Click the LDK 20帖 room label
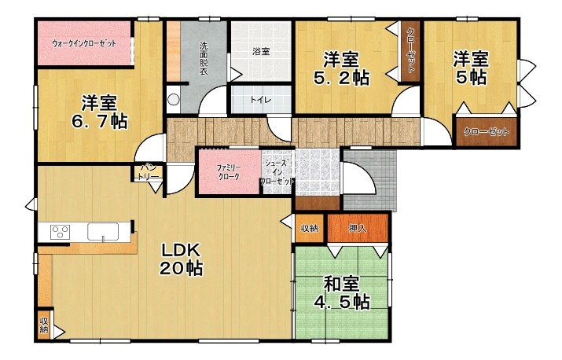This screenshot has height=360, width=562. point(182,259)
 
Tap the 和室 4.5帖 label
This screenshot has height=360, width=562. point(342,293)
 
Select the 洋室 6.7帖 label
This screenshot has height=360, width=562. point(99,112)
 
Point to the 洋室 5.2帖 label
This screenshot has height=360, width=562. point(341,69)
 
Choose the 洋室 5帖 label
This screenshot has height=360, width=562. point(471,68)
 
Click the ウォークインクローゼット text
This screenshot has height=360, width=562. point(84,44)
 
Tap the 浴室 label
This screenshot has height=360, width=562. point(261,51)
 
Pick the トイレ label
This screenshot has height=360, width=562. point(261,100)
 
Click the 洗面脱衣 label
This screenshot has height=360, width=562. point(204,58)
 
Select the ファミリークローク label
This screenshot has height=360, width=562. point(229,172)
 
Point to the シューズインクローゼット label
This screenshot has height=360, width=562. point(277,172)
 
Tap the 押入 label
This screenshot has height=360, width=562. point(358,228)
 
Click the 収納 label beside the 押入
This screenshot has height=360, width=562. point(310,228)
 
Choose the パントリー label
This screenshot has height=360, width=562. point(148,172)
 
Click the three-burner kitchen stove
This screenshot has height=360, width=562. point(61,231)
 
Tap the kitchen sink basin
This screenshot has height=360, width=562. point(103,232)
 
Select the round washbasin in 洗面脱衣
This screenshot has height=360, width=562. point(174,99)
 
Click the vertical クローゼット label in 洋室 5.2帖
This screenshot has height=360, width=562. point(411,51)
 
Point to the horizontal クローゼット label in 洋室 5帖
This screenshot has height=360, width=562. point(486,131)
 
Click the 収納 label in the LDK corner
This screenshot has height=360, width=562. point(44,325)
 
